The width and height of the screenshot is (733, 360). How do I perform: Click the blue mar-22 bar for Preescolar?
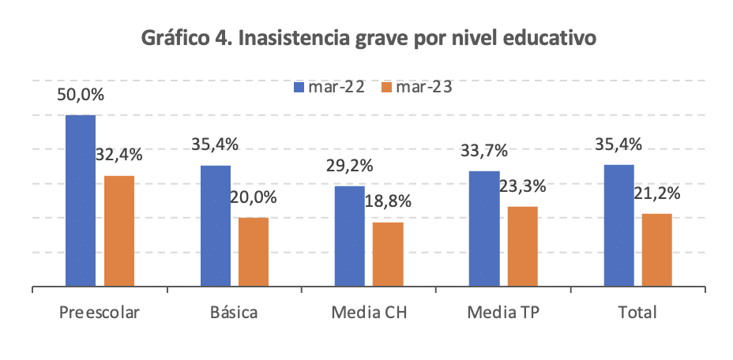coord(81,201)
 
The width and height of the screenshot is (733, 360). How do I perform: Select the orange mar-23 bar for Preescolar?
coord(119,231)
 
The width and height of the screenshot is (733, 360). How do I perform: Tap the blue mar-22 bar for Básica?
coord(216,226)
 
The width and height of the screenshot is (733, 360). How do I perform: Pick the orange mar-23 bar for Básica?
coord(254,252)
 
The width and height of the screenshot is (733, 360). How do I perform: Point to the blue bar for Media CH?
coord(350,236)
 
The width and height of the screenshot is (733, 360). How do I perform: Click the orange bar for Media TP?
coord(522,246)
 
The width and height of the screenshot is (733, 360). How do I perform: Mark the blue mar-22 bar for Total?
coord(618,226)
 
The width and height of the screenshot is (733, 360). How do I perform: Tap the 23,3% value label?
coord(522,186)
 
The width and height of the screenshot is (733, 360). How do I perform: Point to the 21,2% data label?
coord(656,193)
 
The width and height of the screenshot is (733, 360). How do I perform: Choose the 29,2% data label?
coord(350,166)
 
